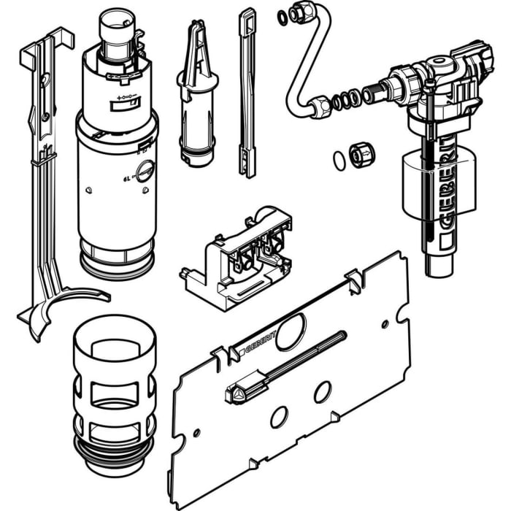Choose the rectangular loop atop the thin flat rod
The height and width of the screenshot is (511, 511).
pos(247,18)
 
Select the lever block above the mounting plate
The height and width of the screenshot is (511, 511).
pos(237,256)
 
